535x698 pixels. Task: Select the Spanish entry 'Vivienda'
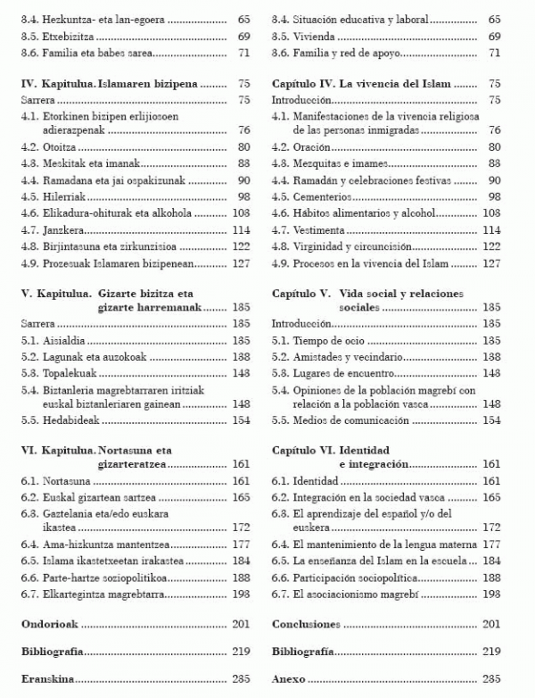coord(304,37)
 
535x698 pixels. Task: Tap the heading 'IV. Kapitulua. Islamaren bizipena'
coord(109,84)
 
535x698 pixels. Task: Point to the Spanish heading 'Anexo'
coord(288,679)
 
